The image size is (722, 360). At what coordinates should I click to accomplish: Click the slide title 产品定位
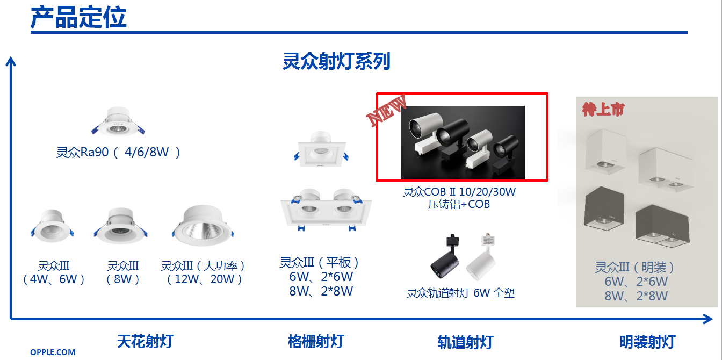click(x=78, y=17)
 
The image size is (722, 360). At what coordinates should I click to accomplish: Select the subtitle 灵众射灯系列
click(x=336, y=61)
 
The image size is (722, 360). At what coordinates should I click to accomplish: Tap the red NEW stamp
click(x=387, y=110)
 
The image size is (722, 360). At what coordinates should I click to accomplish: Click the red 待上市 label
click(x=603, y=109)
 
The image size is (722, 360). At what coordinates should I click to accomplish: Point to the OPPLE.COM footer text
click(x=53, y=352)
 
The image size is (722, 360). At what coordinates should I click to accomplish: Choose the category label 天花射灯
click(x=145, y=342)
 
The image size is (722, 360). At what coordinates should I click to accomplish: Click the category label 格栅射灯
click(x=316, y=342)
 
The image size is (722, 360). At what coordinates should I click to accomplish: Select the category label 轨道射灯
click(x=465, y=342)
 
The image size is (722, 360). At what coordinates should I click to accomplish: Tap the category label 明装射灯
click(x=647, y=342)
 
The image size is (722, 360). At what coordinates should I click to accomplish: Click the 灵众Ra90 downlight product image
click(x=118, y=122)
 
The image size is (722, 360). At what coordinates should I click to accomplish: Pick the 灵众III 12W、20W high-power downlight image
click(x=203, y=226)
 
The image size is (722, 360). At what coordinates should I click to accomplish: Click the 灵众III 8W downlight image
click(x=120, y=226)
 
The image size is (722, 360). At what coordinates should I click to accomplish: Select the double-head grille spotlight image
click(x=326, y=210)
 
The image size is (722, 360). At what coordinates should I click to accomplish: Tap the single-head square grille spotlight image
click(x=321, y=149)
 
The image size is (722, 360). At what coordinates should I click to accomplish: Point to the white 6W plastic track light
click(x=481, y=256)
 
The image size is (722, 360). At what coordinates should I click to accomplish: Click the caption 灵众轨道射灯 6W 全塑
click(x=460, y=293)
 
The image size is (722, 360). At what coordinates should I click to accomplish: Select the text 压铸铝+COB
click(x=459, y=204)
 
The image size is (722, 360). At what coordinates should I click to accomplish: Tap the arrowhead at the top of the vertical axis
click(x=11, y=61)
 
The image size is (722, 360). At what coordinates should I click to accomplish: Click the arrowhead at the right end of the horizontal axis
click(x=708, y=319)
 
